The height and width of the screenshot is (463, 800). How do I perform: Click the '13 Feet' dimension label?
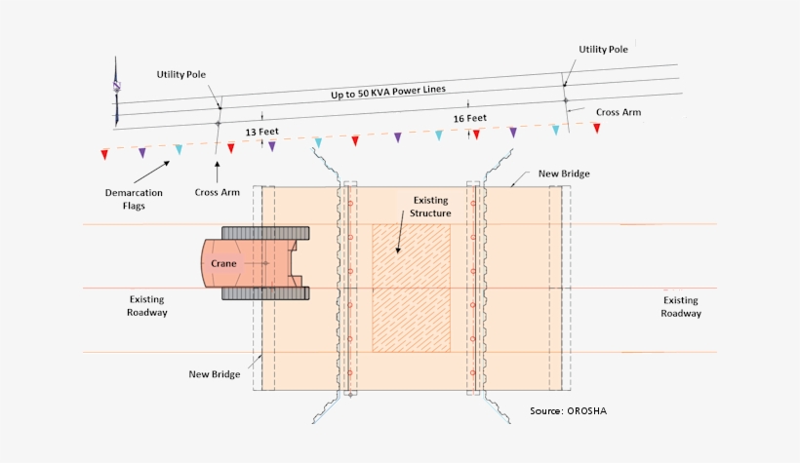259,130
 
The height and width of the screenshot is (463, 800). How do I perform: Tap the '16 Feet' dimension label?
469,118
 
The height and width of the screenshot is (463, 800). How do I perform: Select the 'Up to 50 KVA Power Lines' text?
387,91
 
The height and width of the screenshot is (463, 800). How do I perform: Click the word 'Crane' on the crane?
226,263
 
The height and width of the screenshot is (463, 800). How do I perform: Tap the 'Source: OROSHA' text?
575,410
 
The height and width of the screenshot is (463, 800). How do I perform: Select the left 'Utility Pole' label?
180,74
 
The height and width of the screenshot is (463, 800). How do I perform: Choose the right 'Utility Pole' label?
603,48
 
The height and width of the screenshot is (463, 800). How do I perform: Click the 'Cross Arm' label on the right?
620,112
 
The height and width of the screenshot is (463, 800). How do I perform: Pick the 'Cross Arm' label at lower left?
217,192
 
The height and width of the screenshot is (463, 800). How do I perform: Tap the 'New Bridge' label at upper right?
564,174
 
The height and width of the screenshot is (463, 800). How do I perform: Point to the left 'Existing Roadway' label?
148,306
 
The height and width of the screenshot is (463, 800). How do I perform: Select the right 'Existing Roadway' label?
680,307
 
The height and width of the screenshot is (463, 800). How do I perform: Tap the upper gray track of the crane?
265,233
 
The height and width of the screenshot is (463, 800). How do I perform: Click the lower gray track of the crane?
265,292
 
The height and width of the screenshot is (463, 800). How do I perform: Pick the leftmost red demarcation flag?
104,154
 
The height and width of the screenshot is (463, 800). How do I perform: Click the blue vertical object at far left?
116,91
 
